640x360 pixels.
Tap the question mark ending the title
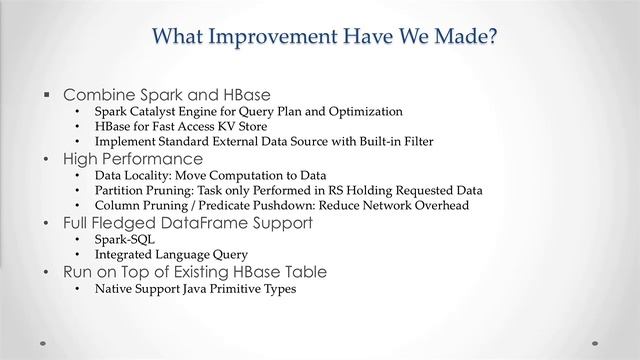coord(493,37)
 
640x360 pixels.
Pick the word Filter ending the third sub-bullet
coord(415,142)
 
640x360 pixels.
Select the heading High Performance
coord(133,158)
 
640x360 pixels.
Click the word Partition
coord(119,190)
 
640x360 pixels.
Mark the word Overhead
coord(440,205)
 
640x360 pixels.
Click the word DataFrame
coord(196,222)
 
